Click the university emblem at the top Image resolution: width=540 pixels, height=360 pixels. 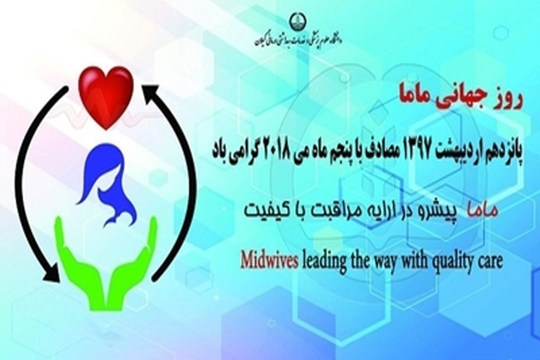(x=301, y=22)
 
